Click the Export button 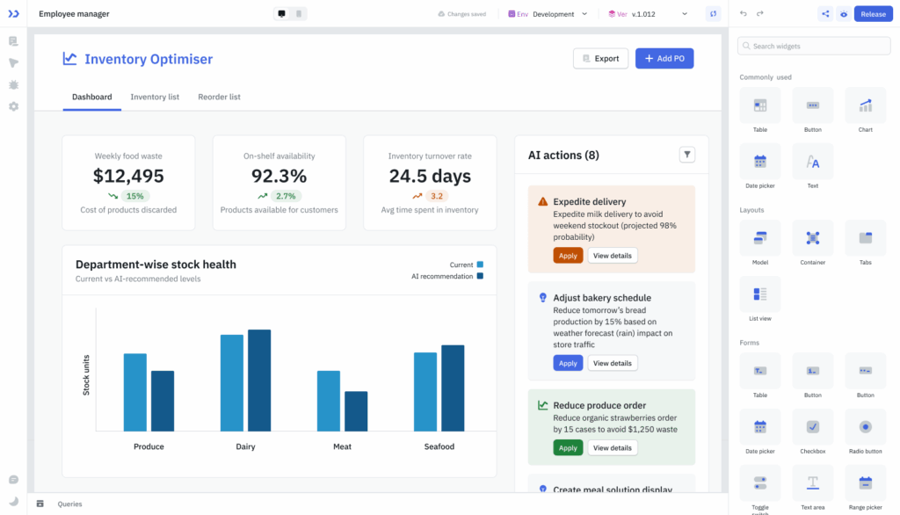coord(600,59)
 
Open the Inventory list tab coord(155,97)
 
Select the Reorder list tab coord(219,97)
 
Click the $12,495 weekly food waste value coord(128,176)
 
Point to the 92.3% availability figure coord(279,176)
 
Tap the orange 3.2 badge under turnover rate coord(436,196)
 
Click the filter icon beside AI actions coord(687,155)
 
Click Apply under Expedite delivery coord(568,256)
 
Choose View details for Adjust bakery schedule coord(612,363)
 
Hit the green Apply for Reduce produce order coord(568,447)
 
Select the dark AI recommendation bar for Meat coord(356,410)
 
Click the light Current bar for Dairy coord(232,382)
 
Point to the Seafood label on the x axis coord(439,446)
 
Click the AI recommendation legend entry coord(447,276)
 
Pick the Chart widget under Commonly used coord(865,106)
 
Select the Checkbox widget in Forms coord(812,426)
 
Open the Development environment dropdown coord(559,14)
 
